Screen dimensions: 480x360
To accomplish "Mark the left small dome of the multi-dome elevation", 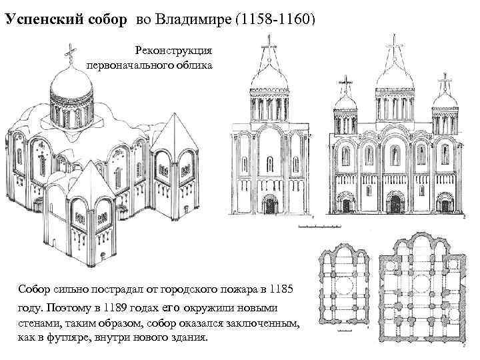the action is pyautogui.click(x=347, y=101).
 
